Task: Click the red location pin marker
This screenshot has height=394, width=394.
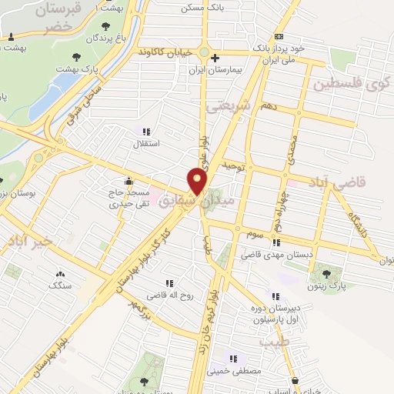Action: click(199, 182)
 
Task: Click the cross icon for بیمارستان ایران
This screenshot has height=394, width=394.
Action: click(215, 58)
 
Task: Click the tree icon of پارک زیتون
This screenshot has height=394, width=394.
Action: click(326, 273)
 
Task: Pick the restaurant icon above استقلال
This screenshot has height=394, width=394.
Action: click(146, 132)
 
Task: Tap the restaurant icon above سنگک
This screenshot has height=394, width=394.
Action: click(60, 273)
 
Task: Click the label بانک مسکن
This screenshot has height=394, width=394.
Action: click(201, 8)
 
